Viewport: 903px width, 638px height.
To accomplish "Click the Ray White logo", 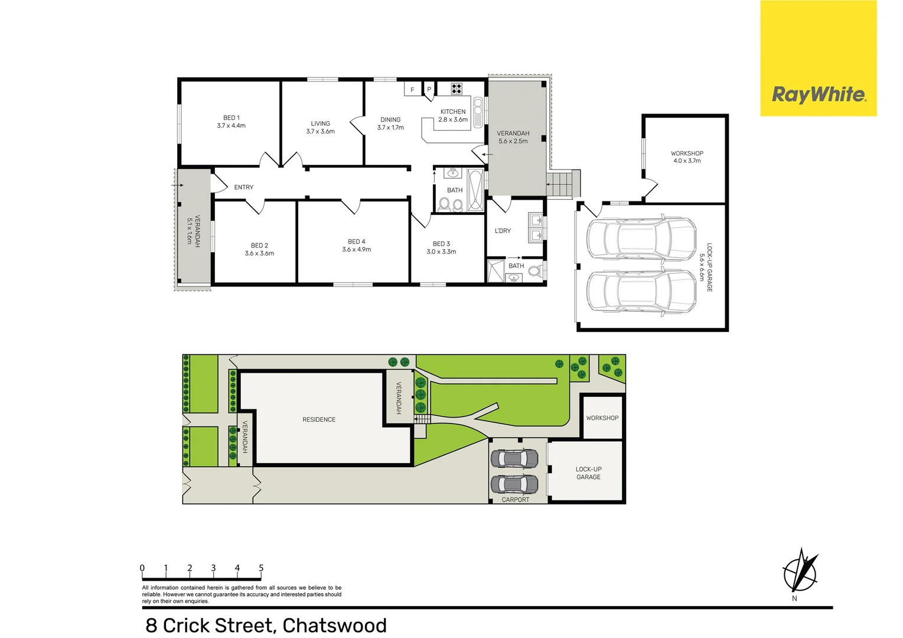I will point(819,95).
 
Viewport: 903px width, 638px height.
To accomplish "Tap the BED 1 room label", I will point(231,118).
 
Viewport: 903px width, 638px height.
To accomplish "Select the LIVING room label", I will point(320,123).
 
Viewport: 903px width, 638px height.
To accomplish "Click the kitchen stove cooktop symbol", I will point(457,89).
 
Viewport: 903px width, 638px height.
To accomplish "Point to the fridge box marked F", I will point(412,90).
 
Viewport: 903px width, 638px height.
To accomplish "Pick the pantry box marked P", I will point(429,90).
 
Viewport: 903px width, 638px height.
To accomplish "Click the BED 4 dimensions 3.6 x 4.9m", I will point(356,250).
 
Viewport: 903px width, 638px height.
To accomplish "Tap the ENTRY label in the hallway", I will point(243,187).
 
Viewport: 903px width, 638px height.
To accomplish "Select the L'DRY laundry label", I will point(503,231).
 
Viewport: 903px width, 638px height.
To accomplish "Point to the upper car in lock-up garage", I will point(641,239).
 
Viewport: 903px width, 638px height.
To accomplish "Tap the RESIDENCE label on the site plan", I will point(319,419).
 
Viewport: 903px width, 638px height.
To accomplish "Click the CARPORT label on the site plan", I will point(516,500).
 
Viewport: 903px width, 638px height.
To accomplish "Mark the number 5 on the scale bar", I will point(261,568).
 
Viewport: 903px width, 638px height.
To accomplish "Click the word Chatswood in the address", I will point(334,625).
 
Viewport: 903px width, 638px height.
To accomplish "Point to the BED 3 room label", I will point(441,244).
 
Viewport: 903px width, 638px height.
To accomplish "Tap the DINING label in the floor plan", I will point(390,120).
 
